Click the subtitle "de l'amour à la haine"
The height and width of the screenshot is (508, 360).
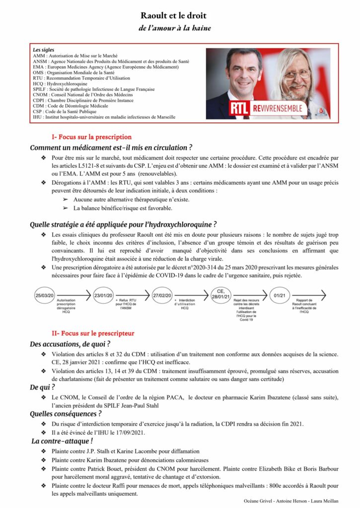point(175,28)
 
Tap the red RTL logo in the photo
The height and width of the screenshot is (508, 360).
point(240,108)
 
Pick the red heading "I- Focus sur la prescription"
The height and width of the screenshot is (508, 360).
point(91,136)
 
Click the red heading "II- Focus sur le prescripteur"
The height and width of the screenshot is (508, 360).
point(93,333)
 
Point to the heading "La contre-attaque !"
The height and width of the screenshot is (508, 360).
point(62,441)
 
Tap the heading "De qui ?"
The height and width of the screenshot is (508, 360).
point(42,387)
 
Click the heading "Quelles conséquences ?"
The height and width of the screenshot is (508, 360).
point(66,414)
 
